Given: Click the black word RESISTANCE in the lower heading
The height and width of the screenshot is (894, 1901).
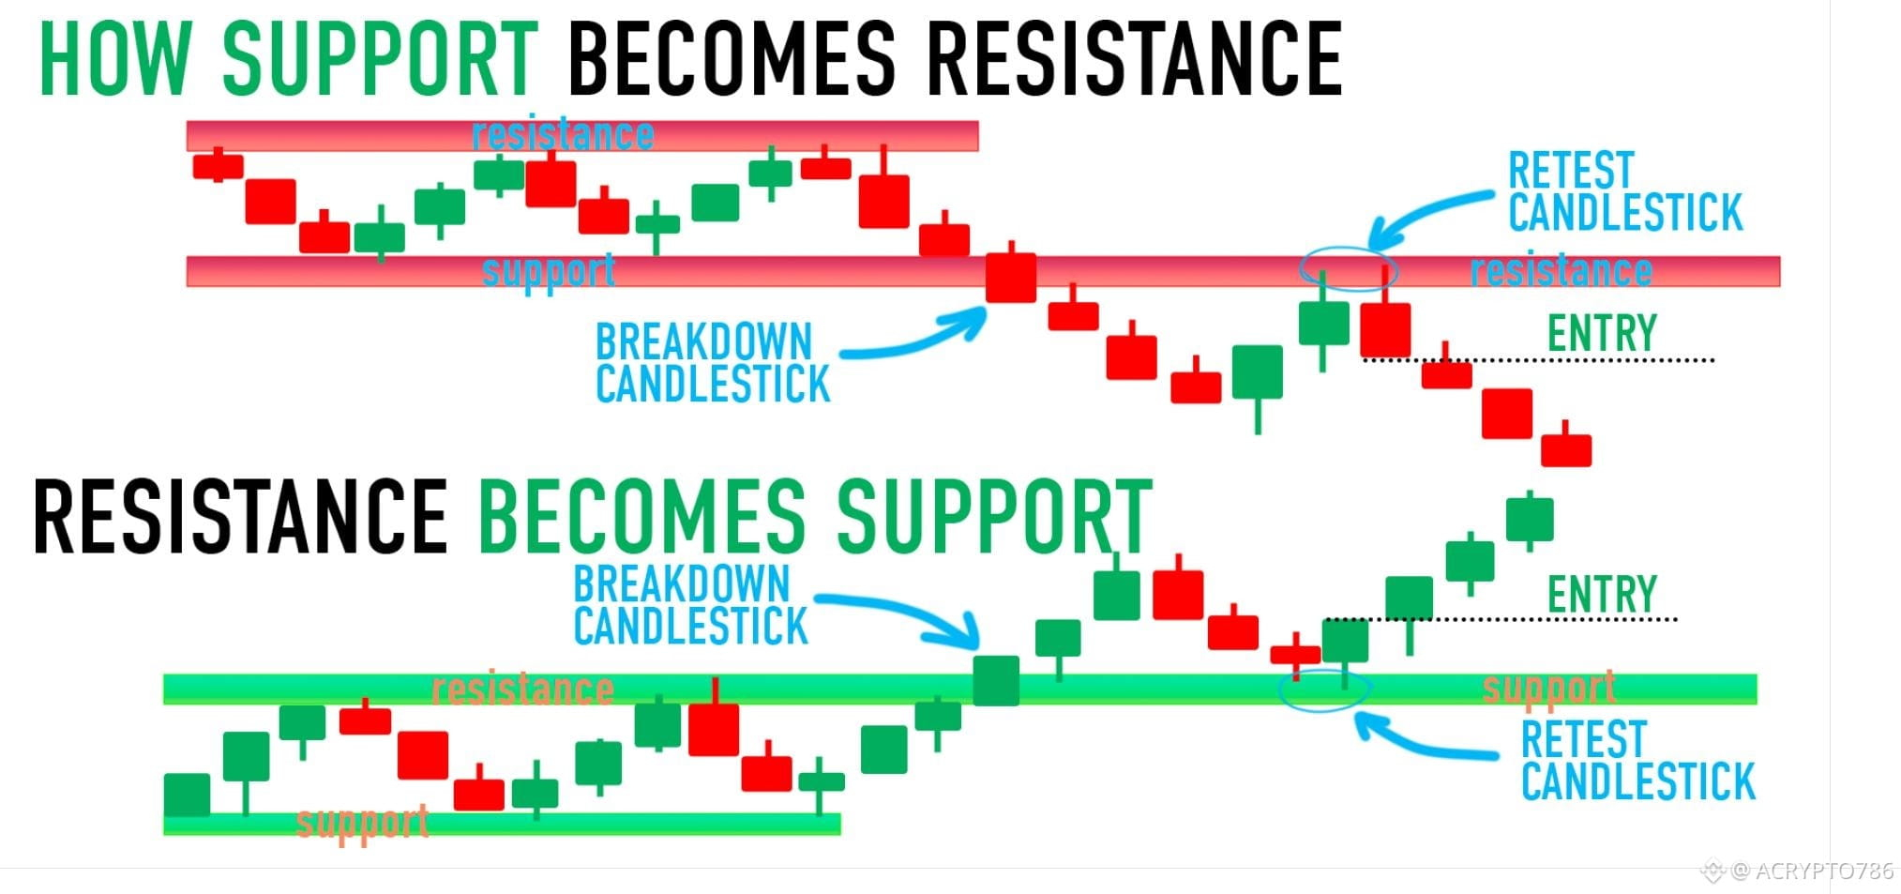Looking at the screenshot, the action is [x=240, y=515].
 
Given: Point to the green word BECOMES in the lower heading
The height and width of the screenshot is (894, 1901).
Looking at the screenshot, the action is [x=642, y=515].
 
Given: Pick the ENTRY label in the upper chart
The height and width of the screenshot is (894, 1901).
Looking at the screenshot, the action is [x=1602, y=333].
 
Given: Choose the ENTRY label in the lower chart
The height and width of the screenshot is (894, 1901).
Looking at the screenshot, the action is [x=1602, y=594].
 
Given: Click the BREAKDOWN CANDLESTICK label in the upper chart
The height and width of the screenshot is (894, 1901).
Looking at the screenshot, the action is [x=713, y=363].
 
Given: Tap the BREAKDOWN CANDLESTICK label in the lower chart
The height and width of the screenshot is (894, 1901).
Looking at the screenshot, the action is [x=691, y=605].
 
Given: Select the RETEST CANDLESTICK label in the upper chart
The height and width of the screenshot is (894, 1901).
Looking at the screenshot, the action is [x=1625, y=191].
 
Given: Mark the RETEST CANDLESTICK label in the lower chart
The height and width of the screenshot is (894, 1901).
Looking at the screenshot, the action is [x=1637, y=761].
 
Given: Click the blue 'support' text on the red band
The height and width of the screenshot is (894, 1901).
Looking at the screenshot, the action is [x=549, y=271].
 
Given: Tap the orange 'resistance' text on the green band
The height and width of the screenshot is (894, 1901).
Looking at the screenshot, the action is [x=522, y=689].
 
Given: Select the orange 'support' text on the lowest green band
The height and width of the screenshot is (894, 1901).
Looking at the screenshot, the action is [x=363, y=823].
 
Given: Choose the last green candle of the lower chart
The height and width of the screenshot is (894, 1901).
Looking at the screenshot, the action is [x=1530, y=520].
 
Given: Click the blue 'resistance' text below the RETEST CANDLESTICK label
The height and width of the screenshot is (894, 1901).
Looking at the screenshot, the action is [x=1561, y=271].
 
